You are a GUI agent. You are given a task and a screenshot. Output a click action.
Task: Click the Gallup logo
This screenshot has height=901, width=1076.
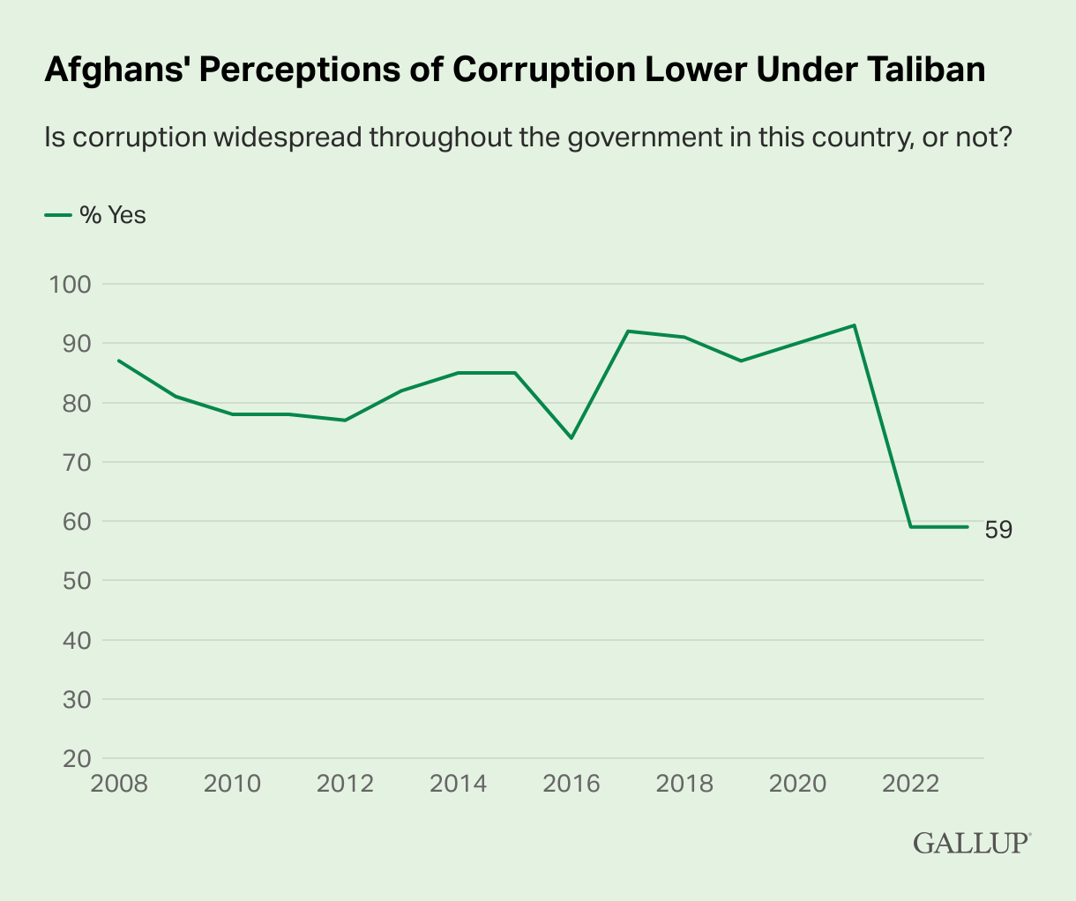coord(971,843)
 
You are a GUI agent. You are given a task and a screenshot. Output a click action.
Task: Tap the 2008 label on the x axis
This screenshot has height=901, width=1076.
coord(119,783)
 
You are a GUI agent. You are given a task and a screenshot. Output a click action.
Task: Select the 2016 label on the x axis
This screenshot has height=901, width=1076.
coord(572,783)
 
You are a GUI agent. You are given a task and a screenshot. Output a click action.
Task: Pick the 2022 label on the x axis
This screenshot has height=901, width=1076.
coord(911,783)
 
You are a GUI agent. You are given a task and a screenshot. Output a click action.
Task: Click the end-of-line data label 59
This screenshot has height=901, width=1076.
coord(998,529)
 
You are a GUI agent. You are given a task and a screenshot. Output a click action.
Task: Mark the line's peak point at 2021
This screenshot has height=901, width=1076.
coord(855,325)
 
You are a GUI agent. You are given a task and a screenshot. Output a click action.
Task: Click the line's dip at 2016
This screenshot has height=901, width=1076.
coord(572,437)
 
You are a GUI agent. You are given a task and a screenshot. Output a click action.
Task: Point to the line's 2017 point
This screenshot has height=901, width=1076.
coord(628,331)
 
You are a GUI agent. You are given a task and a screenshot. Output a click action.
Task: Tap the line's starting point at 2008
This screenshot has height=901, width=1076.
coord(119,361)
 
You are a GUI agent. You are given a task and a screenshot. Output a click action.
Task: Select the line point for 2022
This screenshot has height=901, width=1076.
coord(911,527)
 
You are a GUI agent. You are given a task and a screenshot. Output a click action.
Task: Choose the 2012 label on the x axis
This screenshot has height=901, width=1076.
coord(345,783)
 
